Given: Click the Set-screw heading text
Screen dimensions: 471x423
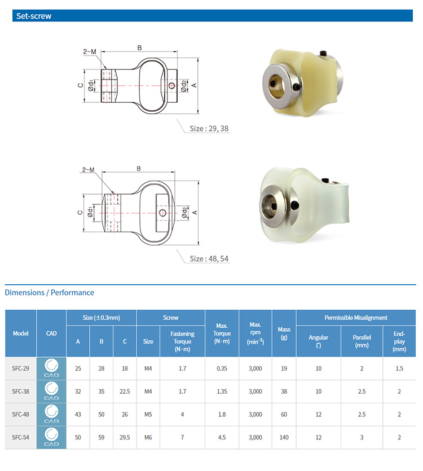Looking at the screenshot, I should (x=34, y=16).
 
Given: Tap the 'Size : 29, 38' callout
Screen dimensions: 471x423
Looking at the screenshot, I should (x=209, y=129).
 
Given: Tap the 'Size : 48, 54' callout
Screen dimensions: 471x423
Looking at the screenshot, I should (x=209, y=258).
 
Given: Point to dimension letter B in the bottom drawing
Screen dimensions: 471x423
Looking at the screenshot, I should (x=138, y=169).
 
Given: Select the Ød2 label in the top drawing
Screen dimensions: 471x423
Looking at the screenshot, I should (x=184, y=85).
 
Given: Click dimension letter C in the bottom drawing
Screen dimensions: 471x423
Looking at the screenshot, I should (x=81, y=213).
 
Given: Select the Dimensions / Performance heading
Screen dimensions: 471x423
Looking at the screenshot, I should (x=50, y=292).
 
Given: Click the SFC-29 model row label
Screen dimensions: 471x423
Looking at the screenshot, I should (x=20, y=368).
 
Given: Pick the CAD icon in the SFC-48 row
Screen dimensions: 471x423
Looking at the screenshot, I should (x=51, y=415).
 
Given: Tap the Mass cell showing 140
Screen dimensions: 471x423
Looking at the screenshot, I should (x=284, y=438).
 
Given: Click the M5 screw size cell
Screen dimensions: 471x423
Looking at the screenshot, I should (x=148, y=415).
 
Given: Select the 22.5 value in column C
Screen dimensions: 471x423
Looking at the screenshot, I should (x=125, y=391).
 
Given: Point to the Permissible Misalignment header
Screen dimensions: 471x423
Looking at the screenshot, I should (x=355, y=318).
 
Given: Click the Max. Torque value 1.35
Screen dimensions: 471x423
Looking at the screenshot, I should (x=222, y=391).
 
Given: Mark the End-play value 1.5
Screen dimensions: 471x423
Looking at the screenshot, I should (x=399, y=368).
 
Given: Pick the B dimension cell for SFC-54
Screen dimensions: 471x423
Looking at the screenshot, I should (x=102, y=438).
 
